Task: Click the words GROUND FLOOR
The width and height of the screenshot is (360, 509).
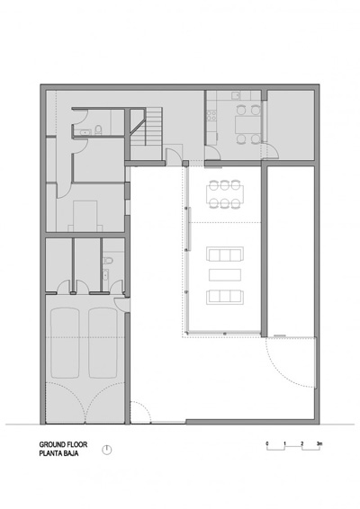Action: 60,444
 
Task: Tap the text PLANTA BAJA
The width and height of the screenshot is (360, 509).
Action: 58,453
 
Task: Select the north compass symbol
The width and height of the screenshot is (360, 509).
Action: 107,451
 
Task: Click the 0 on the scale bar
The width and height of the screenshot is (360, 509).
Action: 268,443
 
